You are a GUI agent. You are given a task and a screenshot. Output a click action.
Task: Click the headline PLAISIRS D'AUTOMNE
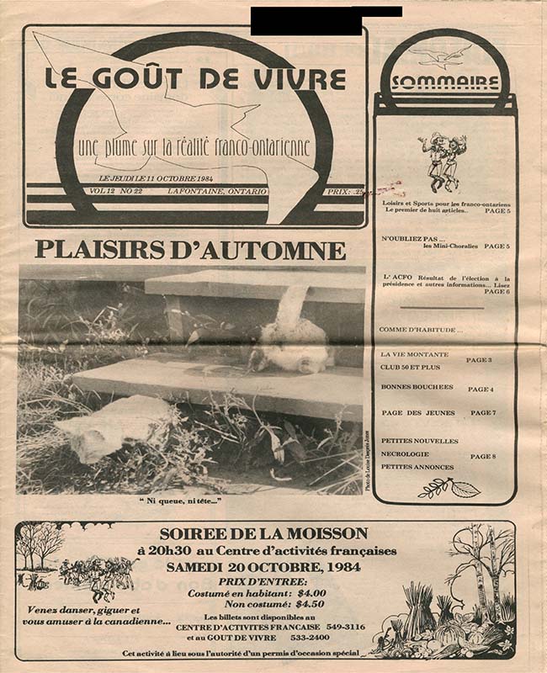(x=190, y=251)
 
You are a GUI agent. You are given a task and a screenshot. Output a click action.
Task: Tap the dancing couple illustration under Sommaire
(x=443, y=161)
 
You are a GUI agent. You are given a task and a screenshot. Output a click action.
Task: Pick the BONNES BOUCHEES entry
(x=417, y=387)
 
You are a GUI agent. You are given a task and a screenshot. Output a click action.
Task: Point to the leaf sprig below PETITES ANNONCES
(x=449, y=487)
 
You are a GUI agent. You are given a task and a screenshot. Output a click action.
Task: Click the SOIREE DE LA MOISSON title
(x=264, y=533)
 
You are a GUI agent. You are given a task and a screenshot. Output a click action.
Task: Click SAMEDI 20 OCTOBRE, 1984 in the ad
(x=263, y=567)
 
